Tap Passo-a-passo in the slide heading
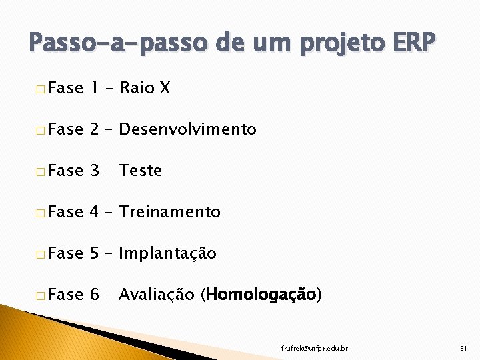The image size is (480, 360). pyautogui.click(x=112, y=44)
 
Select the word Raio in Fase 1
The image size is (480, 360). pyautogui.click(x=137, y=88)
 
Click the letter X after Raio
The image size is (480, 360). pyautogui.click(x=165, y=88)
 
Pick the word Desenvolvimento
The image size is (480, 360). pyautogui.click(x=187, y=129)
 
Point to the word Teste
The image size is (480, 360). pyautogui.click(x=141, y=171)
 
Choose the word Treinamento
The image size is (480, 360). pyautogui.click(x=169, y=212)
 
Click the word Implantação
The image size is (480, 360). pyautogui.click(x=167, y=253)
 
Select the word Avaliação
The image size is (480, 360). pyautogui.click(x=157, y=295)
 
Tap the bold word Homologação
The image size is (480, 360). pyautogui.click(x=261, y=295)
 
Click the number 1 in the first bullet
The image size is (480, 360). pyautogui.click(x=94, y=88)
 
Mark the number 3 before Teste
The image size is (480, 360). pyautogui.click(x=94, y=171)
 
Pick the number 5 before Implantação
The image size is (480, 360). pyautogui.click(x=94, y=253)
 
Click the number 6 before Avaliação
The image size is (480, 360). pyautogui.click(x=94, y=295)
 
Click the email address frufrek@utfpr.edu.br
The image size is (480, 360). pyautogui.click(x=314, y=348)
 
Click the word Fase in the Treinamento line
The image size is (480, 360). pyautogui.click(x=65, y=212)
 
